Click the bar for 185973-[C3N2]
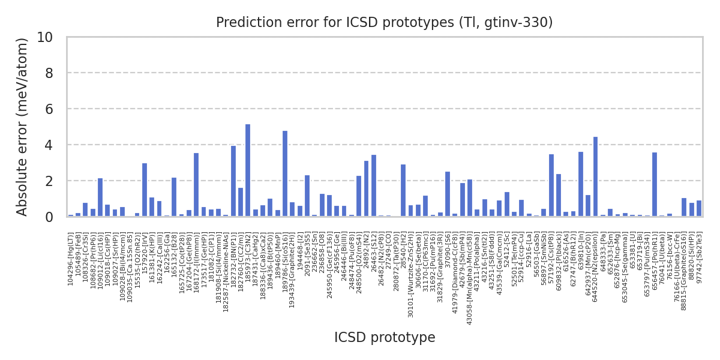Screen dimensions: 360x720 [x=248, y=170]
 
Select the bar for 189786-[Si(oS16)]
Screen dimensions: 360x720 [x=285, y=173]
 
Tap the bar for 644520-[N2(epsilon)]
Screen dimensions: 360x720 [x=595, y=176]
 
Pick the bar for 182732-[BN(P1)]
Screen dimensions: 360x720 [x=233, y=181]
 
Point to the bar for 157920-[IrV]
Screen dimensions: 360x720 [x=145, y=190]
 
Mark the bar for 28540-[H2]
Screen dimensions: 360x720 [x=403, y=190]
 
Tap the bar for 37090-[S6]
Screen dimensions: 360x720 [x=448, y=194]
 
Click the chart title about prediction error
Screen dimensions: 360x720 [x=384, y=23]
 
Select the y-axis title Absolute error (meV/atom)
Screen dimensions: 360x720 [x=23, y=127]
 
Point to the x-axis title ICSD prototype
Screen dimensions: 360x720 [x=384, y=338]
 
